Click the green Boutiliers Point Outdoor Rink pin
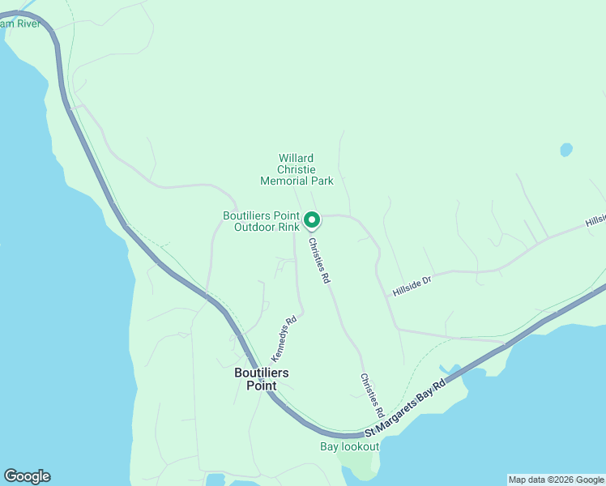[x=312, y=219]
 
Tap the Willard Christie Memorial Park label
[x=297, y=169]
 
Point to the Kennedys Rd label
[x=284, y=339]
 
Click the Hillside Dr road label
[x=412, y=286]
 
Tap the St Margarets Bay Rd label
[x=404, y=408]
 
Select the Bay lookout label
[x=349, y=446]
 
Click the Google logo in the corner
[x=27, y=476]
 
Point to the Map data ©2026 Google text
[x=556, y=480]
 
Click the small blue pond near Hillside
[x=565, y=150]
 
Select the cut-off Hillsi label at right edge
[x=595, y=221]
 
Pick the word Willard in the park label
[x=296, y=158]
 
